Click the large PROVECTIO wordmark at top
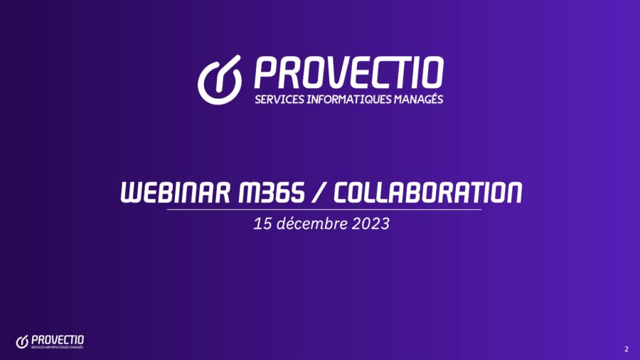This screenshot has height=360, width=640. (x=349, y=73)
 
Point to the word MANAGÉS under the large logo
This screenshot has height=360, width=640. (x=418, y=99)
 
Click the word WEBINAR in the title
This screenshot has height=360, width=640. (x=176, y=192)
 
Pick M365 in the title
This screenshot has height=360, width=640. (x=272, y=192)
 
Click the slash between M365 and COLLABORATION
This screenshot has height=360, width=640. (x=319, y=192)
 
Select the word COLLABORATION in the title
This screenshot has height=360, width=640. (x=428, y=192)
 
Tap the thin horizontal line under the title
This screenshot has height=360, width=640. (x=324, y=209)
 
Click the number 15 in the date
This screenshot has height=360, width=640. (x=262, y=223)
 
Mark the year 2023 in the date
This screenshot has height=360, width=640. (x=371, y=223)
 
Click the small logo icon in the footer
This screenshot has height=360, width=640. (x=21, y=342)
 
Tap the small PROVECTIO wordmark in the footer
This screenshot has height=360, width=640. (x=58, y=340)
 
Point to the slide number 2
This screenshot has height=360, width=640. (x=626, y=349)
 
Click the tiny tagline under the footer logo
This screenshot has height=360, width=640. (x=57, y=347)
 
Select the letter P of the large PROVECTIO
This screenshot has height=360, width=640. (x=265, y=73)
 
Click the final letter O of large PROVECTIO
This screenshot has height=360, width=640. (x=432, y=73)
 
